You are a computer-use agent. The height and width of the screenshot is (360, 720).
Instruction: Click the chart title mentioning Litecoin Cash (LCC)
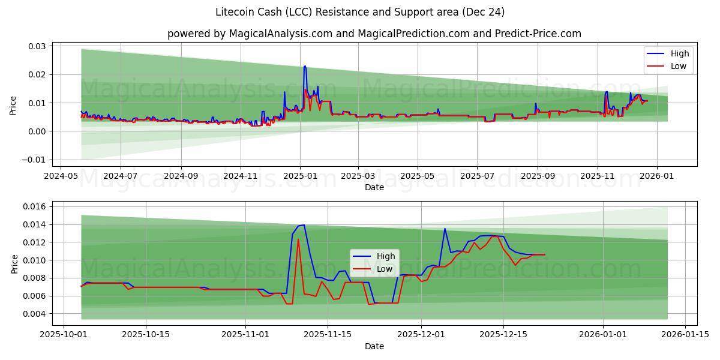click(359, 12)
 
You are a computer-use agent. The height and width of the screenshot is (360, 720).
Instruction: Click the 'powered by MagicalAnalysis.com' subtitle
click(374, 34)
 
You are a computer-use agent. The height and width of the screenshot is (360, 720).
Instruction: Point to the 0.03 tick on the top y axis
click(37, 46)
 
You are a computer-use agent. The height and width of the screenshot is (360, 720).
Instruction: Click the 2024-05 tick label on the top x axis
click(61, 176)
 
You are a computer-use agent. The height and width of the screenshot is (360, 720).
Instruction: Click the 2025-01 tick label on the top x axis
click(299, 176)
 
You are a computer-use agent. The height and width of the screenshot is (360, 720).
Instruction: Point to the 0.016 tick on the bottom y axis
click(35, 206)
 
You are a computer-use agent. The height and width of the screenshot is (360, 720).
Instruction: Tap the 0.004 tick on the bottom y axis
click(35, 314)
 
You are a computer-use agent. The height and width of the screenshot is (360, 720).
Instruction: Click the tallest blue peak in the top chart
click(305, 66)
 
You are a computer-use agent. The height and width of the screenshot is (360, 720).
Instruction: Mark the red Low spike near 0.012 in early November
click(298, 239)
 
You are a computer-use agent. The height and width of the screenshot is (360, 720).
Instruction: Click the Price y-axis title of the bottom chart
click(14, 263)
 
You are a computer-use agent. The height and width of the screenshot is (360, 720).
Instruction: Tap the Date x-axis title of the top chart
click(374, 187)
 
